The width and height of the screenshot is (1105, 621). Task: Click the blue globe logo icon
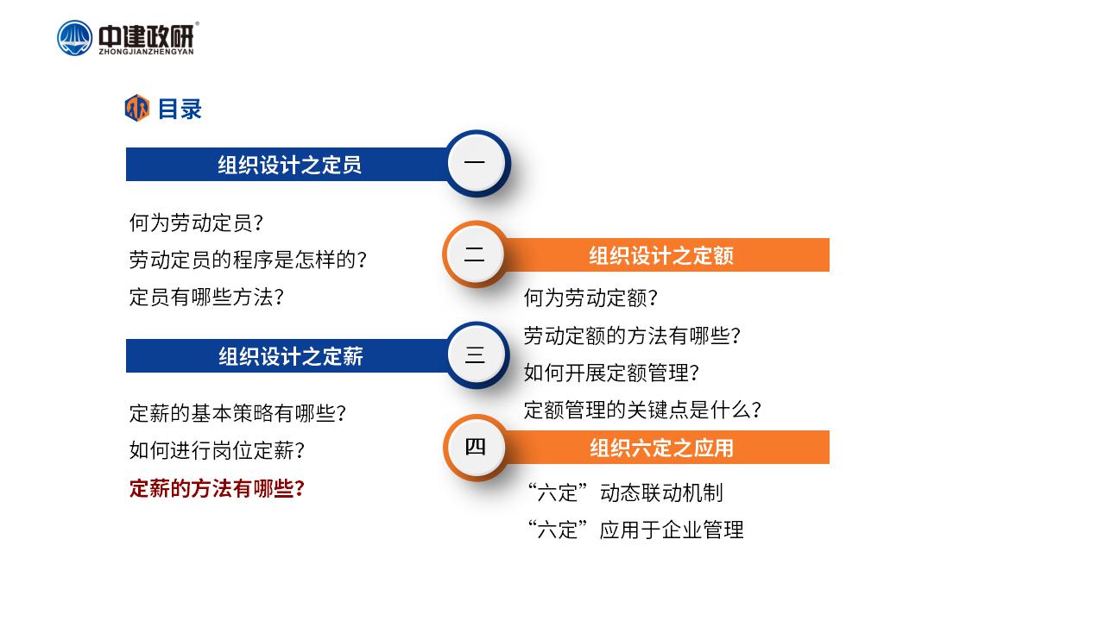pyautogui.click(x=74, y=38)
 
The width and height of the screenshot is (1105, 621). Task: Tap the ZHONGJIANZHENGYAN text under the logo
pyautogui.click(x=147, y=52)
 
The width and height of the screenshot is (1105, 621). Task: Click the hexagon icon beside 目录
pyautogui.click(x=136, y=108)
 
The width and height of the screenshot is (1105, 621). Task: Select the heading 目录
pyautogui.click(x=180, y=109)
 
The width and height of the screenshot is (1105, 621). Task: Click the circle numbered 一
pyautogui.click(x=477, y=163)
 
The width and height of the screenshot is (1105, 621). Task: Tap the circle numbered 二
pyautogui.click(x=475, y=254)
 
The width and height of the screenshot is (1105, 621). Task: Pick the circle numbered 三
pyautogui.click(x=477, y=354)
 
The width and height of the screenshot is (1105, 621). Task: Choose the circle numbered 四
pyautogui.click(x=476, y=448)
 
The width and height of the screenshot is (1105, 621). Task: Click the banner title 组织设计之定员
pyautogui.click(x=289, y=165)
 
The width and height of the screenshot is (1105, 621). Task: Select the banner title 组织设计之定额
pyautogui.click(x=661, y=255)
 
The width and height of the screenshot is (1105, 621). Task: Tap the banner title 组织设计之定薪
pyautogui.click(x=291, y=356)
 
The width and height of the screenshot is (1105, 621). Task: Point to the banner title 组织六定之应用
pyautogui.click(x=661, y=448)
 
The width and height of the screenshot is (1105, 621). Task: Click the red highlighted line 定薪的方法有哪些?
pyautogui.click(x=217, y=488)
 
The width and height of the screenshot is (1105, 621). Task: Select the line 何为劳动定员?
pyautogui.click(x=196, y=223)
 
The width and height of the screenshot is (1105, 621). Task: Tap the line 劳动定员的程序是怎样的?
pyautogui.click(x=248, y=260)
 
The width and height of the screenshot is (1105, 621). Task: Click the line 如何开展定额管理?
pyautogui.click(x=611, y=373)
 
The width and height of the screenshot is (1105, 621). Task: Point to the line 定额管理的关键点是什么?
pyautogui.click(x=642, y=410)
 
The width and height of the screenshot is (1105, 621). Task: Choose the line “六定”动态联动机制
pyautogui.click(x=626, y=492)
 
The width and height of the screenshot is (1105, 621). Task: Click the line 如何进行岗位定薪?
pyautogui.click(x=217, y=450)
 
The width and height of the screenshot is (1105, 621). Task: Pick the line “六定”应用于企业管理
pyautogui.click(x=635, y=530)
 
